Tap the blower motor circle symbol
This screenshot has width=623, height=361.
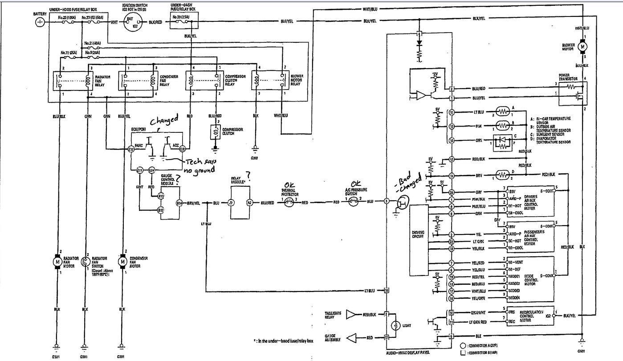(582, 46)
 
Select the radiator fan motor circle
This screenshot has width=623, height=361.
(57, 262)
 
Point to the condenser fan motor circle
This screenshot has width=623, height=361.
(122, 262)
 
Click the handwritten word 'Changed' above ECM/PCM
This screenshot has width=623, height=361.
(163, 121)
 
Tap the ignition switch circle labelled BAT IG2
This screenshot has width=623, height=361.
(130, 22)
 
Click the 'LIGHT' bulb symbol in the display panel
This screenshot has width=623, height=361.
(394, 326)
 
